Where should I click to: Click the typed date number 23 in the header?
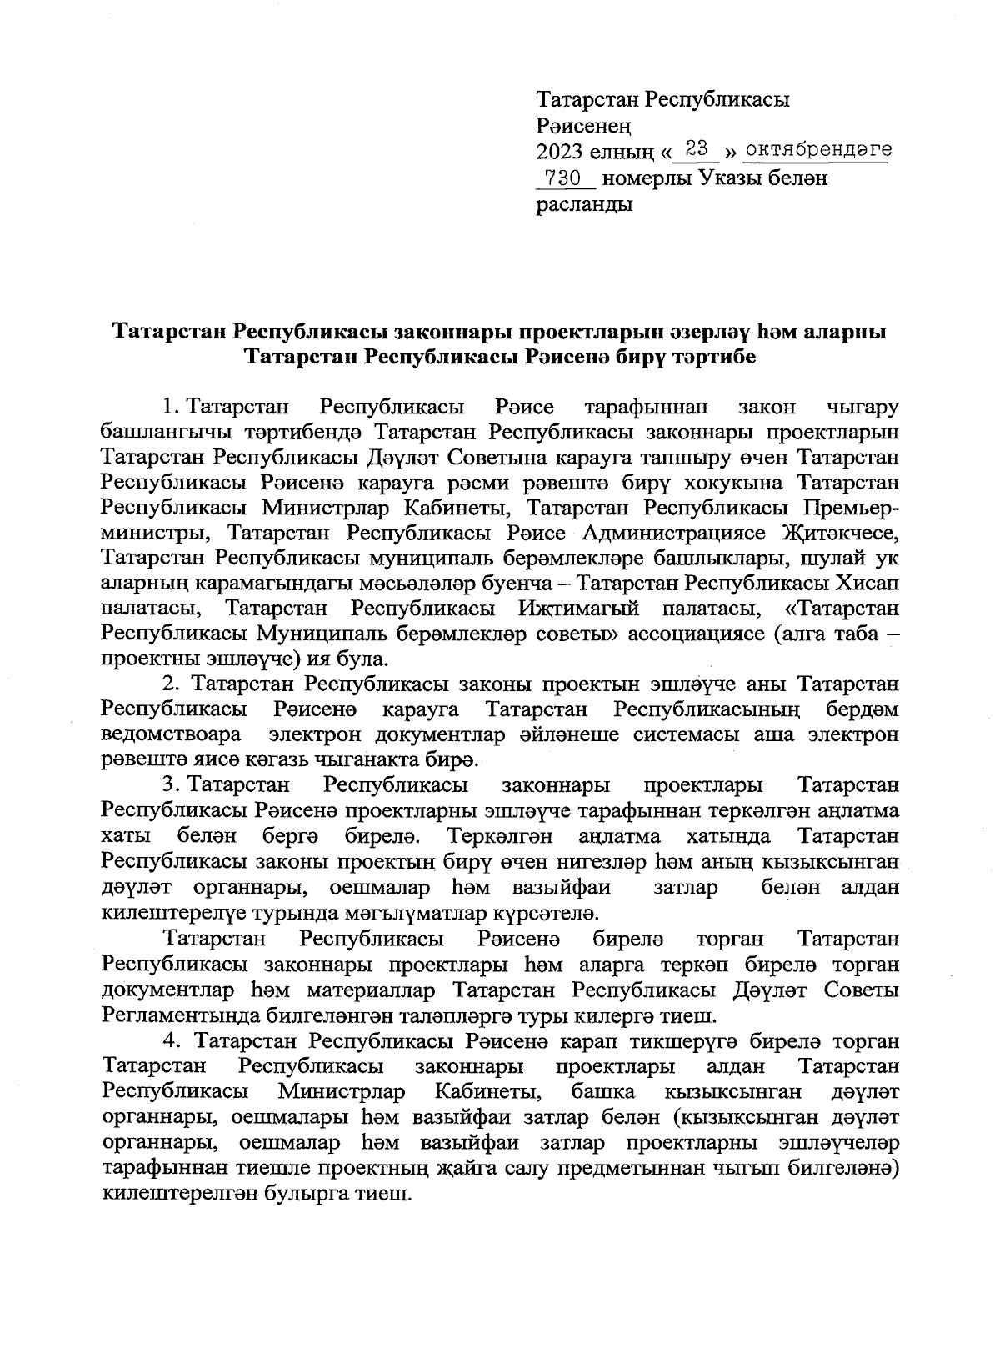(x=697, y=150)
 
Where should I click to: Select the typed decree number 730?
(x=562, y=178)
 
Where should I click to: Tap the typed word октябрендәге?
(x=817, y=151)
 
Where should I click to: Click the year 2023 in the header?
(x=562, y=152)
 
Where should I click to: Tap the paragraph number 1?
(x=170, y=408)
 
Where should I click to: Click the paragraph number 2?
(x=171, y=684)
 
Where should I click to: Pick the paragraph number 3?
(x=171, y=785)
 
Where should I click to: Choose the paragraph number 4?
(x=171, y=1041)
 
